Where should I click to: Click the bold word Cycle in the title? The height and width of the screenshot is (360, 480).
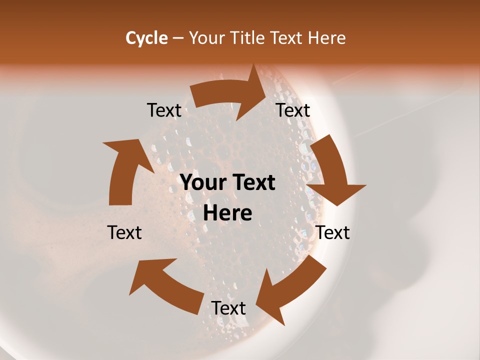coord(146,38)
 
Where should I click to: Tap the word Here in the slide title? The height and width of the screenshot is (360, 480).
coord(327,38)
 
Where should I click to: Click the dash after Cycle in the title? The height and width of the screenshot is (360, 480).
coord(177,38)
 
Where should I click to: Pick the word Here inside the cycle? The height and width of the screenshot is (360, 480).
coord(227,213)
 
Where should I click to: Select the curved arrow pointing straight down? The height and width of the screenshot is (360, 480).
coord(332,170)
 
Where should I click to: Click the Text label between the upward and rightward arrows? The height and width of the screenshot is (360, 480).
coord(164,110)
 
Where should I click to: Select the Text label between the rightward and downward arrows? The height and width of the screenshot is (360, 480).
coord(293,110)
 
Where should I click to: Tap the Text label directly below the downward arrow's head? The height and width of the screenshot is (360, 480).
coord(332,232)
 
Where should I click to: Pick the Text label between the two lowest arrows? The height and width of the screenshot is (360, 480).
coord(228,308)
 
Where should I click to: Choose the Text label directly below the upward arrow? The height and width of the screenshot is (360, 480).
coord(124,232)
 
